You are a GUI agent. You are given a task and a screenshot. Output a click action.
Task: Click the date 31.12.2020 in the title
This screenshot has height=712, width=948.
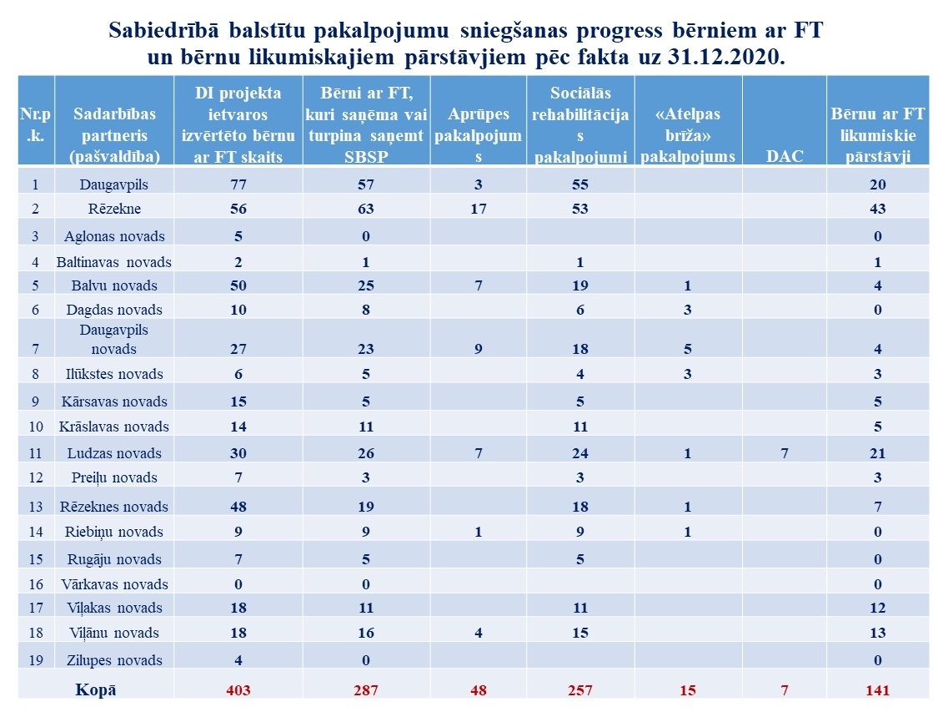[x=725, y=57]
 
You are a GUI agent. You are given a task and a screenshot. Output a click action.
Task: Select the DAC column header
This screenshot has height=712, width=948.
[x=784, y=156]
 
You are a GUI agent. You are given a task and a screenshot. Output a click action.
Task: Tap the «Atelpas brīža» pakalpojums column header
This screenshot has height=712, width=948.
[x=687, y=135]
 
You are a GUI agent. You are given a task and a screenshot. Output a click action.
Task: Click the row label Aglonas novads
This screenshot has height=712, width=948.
[x=114, y=236]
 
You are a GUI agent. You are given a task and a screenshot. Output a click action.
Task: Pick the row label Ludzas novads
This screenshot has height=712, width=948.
[x=114, y=453]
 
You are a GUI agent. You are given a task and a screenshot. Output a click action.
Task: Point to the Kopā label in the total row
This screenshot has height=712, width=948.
[x=96, y=689]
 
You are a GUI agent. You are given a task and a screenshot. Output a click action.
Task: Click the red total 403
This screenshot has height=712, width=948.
[x=238, y=690]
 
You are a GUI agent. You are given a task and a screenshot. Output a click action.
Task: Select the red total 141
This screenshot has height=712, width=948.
[x=877, y=690]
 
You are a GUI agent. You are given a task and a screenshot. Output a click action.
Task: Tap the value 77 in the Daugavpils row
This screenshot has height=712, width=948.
[x=238, y=184]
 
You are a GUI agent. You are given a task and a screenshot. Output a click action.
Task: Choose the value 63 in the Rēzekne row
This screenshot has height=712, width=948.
[x=366, y=209]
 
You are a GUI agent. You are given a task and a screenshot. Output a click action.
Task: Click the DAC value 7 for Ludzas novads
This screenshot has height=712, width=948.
[x=784, y=453]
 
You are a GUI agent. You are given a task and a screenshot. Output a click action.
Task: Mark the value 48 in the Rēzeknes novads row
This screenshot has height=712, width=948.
[x=238, y=507]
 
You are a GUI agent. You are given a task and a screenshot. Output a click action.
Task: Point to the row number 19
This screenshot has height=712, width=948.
[x=36, y=660]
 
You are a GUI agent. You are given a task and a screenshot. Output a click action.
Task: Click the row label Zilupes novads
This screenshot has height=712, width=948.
[x=114, y=660]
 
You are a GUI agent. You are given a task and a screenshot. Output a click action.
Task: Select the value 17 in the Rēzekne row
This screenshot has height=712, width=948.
[x=479, y=209]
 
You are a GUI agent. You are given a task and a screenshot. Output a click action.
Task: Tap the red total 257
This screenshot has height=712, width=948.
[x=579, y=690]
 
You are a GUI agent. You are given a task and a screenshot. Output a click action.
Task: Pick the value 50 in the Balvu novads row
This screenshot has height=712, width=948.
[x=238, y=285]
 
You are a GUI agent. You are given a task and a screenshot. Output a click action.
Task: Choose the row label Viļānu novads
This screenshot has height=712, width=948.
[x=114, y=633]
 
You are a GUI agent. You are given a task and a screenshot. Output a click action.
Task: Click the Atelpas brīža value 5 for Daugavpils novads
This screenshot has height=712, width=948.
[x=687, y=350]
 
